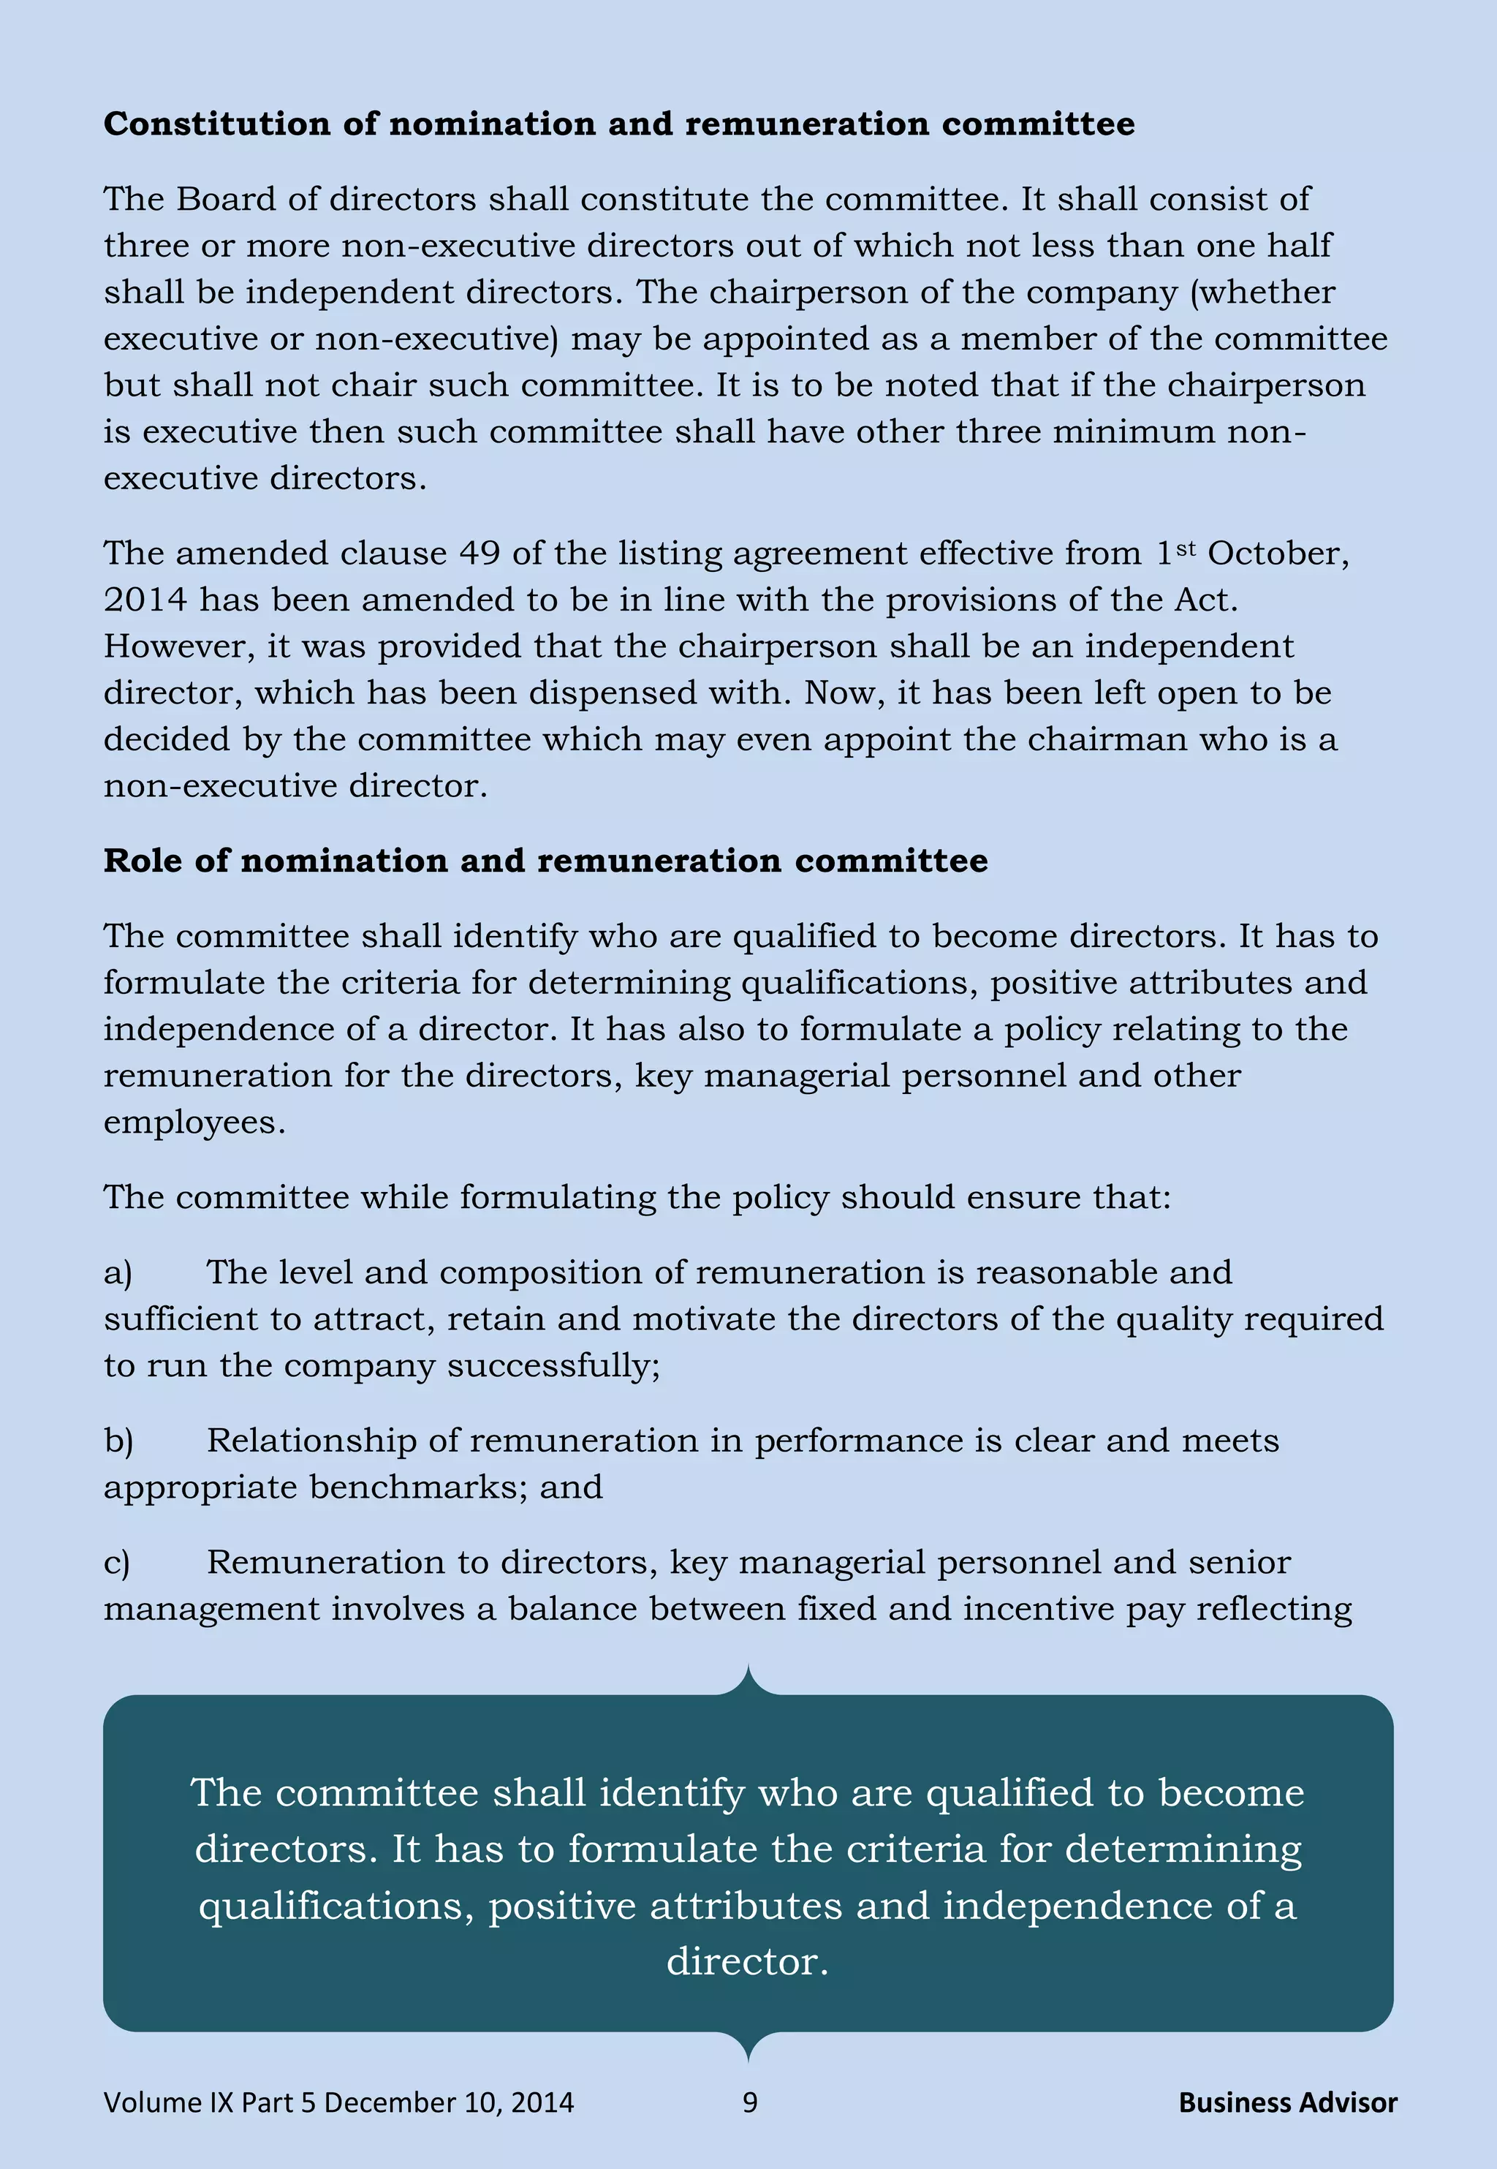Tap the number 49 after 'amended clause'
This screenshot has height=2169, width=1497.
[x=480, y=554]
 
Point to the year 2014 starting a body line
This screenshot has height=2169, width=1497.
[x=145, y=600]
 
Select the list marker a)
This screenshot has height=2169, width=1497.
[x=118, y=1273]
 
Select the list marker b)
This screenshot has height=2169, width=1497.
[x=119, y=1441]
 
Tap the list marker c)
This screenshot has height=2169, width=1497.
[x=117, y=1563]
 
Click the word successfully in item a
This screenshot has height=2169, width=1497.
[x=553, y=1366]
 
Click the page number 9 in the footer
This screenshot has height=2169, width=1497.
[x=749, y=2102]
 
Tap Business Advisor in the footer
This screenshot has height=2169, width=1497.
[x=1287, y=2102]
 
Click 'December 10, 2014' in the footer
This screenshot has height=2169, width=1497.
[x=448, y=2102]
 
